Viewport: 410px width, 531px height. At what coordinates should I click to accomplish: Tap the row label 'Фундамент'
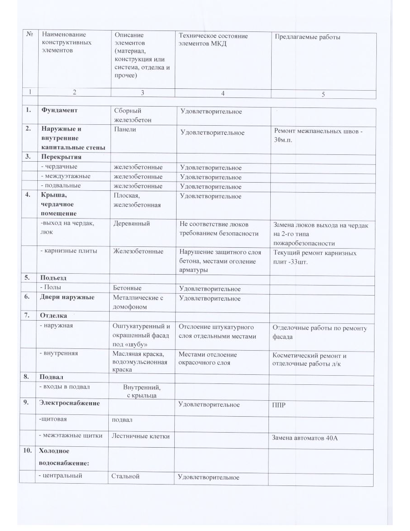coord(59,110)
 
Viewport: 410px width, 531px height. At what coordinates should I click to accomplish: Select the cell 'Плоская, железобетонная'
coord(137,200)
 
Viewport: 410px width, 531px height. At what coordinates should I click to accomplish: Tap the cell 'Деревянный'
coord(132,224)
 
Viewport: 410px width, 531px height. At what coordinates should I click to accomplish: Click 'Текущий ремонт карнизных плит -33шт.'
coord(314,257)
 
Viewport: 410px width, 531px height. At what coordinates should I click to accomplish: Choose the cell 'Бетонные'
coord(127,288)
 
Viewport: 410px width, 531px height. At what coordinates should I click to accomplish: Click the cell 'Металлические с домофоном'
coord(138,302)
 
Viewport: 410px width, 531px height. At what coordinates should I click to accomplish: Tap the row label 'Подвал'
coord(51,377)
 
